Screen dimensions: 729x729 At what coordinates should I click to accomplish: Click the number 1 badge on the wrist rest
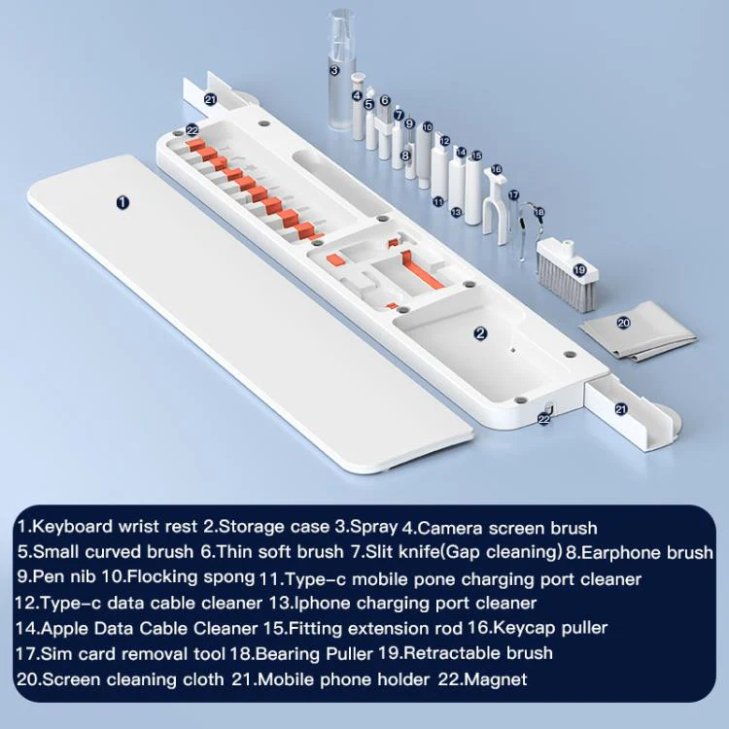pyautogui.click(x=122, y=202)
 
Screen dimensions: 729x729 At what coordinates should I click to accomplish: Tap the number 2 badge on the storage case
pyautogui.click(x=480, y=332)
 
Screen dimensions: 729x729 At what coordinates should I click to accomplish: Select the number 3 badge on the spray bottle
pyautogui.click(x=334, y=70)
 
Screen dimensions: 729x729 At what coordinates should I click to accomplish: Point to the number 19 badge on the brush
pyautogui.click(x=579, y=269)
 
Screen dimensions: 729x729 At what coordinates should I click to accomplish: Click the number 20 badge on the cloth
pyautogui.click(x=623, y=322)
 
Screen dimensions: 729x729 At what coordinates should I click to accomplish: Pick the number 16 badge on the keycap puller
pyautogui.click(x=496, y=169)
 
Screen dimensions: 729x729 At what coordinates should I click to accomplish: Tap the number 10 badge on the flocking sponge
pyautogui.click(x=428, y=127)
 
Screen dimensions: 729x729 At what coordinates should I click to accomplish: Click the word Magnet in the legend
pyautogui.click(x=496, y=679)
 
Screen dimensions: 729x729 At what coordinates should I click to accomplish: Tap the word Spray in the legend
pyautogui.click(x=374, y=526)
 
